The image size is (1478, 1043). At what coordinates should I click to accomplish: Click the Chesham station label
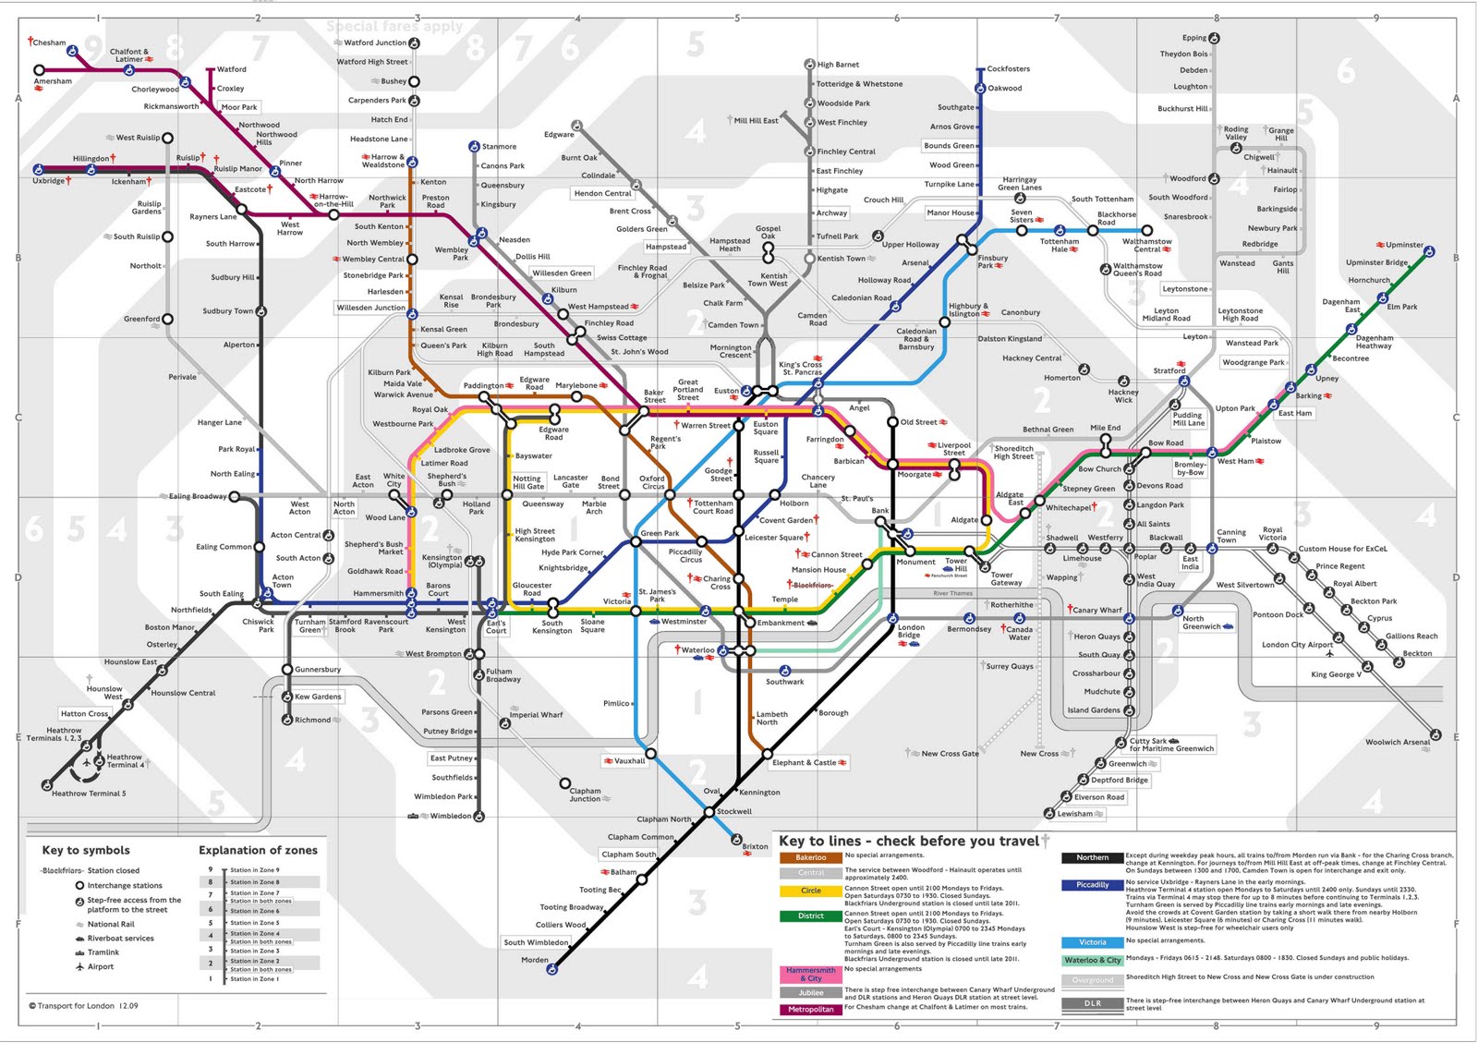tap(50, 42)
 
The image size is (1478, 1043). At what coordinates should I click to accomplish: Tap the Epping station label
tap(1194, 38)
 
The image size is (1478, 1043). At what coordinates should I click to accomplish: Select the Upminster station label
tap(1404, 245)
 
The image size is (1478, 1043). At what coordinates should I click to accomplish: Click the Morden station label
tap(534, 960)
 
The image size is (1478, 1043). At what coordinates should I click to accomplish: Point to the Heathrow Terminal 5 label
tap(89, 794)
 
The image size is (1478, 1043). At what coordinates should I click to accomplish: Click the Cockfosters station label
tap(1008, 68)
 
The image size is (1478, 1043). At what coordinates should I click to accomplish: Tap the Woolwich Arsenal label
tap(1397, 742)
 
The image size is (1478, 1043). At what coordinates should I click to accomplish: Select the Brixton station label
tap(755, 846)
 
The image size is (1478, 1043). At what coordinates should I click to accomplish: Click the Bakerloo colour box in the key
tap(810, 857)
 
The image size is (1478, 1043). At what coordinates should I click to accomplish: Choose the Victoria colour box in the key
tap(1092, 942)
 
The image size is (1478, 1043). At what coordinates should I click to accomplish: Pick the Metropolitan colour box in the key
tap(810, 1009)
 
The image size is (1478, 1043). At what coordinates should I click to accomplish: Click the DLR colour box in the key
tap(1092, 1003)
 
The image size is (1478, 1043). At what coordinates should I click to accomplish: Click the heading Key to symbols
tap(86, 850)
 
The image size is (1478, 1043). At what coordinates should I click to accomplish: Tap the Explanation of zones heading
tap(258, 850)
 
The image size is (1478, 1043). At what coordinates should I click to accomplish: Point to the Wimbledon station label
tap(451, 816)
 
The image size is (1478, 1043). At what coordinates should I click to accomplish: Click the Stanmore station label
tap(499, 146)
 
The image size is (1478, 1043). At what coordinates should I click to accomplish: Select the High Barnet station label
tap(838, 65)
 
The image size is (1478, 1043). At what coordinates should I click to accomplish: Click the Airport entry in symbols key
tap(101, 966)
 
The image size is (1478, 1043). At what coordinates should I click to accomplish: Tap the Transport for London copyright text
tap(83, 1006)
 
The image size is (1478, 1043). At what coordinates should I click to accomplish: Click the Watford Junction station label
tap(375, 42)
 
